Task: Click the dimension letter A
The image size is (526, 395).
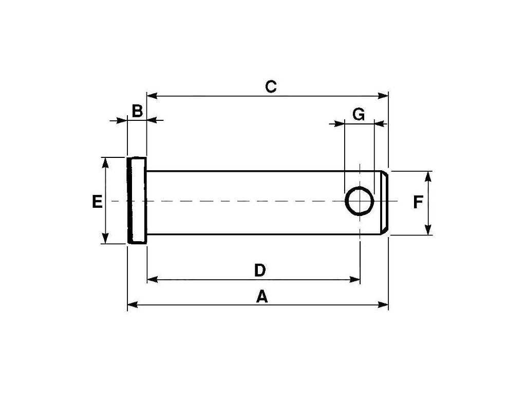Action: click(262, 296)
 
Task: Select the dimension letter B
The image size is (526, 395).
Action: click(137, 111)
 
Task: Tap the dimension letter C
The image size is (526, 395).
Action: click(271, 86)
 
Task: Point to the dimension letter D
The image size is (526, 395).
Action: click(260, 270)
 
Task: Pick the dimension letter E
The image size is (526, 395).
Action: click(97, 202)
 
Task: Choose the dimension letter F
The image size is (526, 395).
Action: click(418, 202)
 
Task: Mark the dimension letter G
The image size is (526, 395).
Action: click(359, 114)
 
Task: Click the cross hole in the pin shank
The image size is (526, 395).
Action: click(360, 201)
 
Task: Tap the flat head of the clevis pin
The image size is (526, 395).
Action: click(137, 201)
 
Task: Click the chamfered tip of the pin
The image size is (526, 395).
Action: click(385, 203)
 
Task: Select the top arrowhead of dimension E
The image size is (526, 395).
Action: click(106, 163)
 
